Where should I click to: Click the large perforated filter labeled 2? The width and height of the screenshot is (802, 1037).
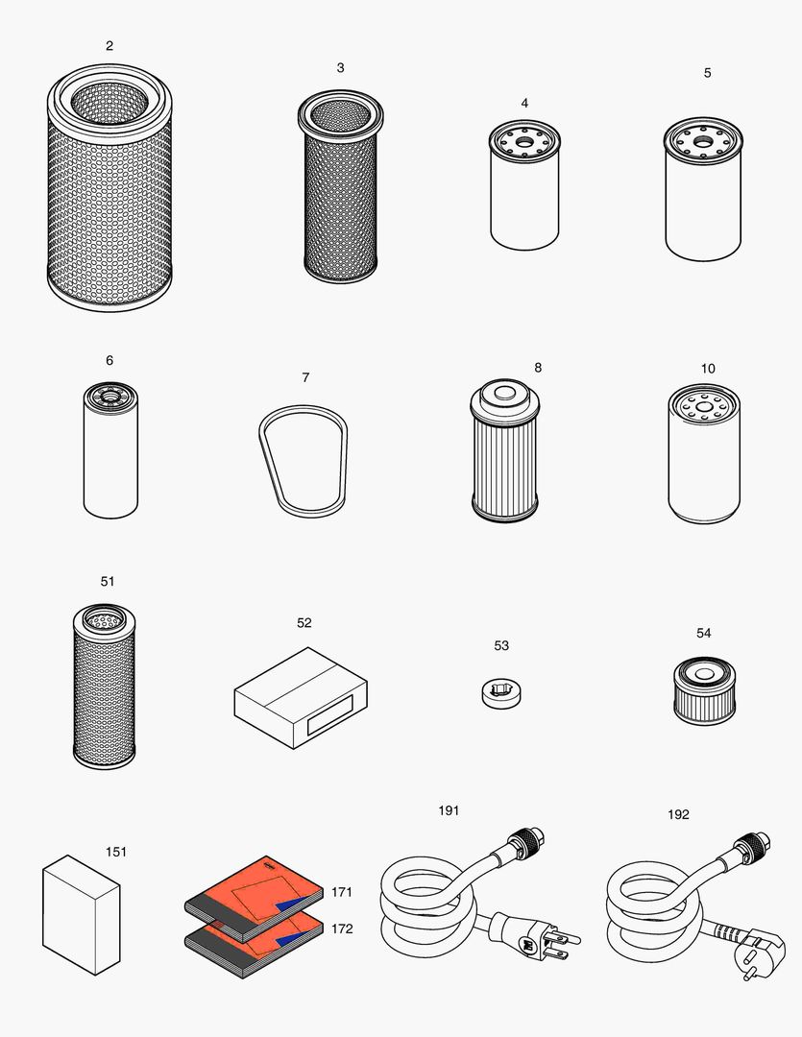point(109,192)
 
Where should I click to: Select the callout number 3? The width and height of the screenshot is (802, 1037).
point(340,68)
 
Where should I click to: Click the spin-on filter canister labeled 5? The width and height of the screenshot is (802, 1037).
point(702,197)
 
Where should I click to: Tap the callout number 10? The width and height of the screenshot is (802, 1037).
point(708,369)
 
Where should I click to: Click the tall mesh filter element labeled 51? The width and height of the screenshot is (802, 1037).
point(105,687)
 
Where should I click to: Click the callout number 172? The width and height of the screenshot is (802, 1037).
point(342,928)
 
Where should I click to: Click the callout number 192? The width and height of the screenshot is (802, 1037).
point(678,814)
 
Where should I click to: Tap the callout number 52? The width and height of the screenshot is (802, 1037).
point(304,623)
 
